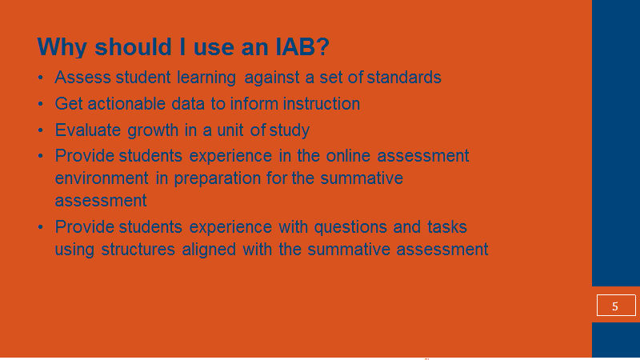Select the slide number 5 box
(x=616, y=306)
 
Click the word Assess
(x=82, y=77)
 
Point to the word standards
(x=404, y=77)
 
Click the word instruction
(x=322, y=104)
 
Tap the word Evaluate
(x=88, y=130)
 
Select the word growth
(x=153, y=131)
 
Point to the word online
(x=348, y=155)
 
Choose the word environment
(x=102, y=178)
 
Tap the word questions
(x=350, y=227)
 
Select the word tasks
(x=447, y=226)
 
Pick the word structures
(x=138, y=249)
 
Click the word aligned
(x=209, y=250)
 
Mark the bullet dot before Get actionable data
(x=41, y=104)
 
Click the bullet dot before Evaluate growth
(x=41, y=130)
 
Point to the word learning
(x=206, y=78)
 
